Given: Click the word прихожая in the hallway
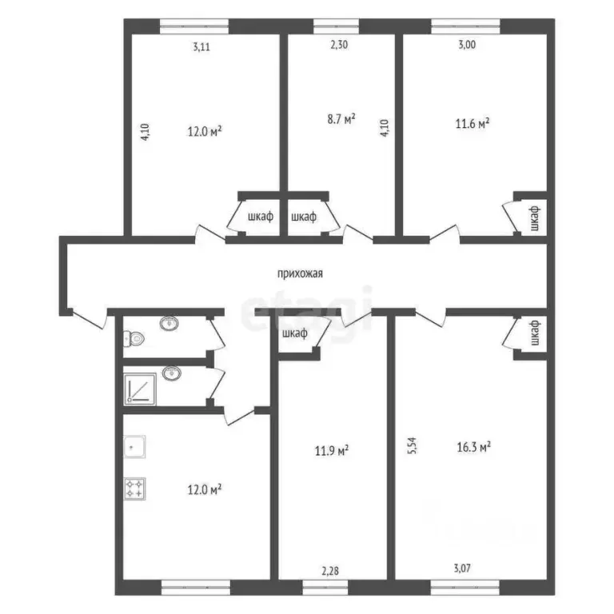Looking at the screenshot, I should tap(300, 273).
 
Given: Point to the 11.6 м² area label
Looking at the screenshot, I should tap(472, 124).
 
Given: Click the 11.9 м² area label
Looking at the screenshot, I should tap(332, 452).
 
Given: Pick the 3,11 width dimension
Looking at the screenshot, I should tap(203, 46).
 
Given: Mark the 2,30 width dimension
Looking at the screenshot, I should tap(340, 46).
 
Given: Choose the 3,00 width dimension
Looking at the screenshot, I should tap(466, 46).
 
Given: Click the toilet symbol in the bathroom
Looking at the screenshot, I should tap(134, 339).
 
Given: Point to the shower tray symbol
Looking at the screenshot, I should tap(140, 389).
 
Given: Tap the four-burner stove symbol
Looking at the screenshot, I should tap(134, 487).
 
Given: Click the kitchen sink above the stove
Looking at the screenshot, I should tap(134, 448).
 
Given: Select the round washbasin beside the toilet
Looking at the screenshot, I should tap(169, 324).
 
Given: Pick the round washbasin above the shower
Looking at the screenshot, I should tap(169, 373).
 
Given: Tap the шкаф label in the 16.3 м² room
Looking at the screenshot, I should tap(536, 333).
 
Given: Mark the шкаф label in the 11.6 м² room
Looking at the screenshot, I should tap(536, 217).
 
